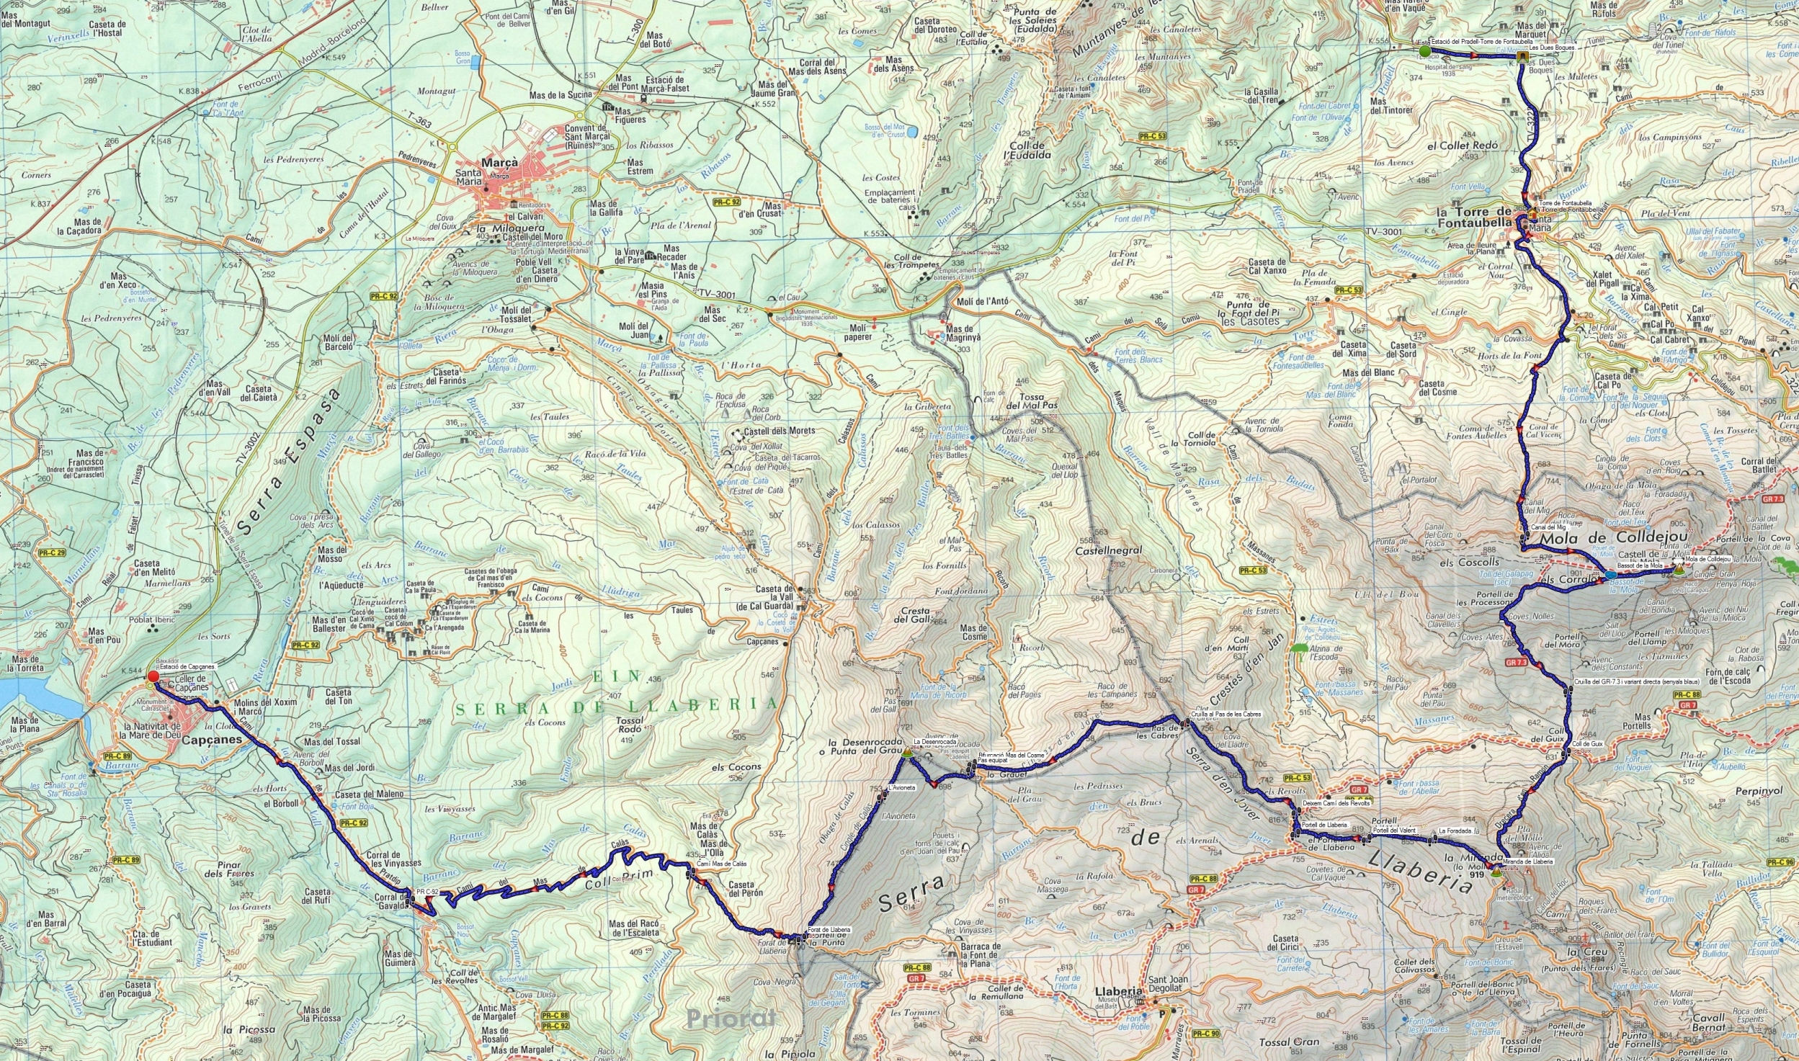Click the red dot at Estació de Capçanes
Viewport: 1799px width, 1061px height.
pyautogui.click(x=153, y=676)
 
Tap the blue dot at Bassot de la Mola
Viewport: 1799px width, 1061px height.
pyautogui.click(x=1610, y=575)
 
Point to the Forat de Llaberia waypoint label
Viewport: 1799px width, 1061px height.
pyautogui.click(x=829, y=929)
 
